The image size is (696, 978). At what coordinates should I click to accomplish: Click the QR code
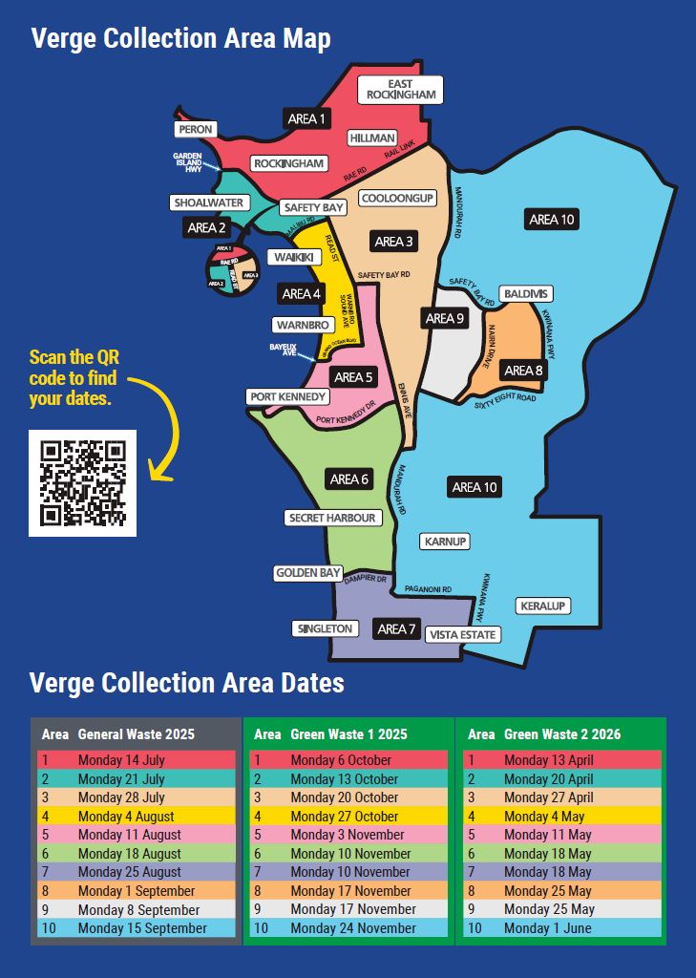click(82, 482)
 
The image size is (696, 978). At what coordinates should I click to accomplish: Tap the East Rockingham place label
click(400, 90)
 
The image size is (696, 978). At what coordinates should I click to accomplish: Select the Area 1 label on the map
click(306, 118)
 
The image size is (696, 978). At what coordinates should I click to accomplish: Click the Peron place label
click(195, 129)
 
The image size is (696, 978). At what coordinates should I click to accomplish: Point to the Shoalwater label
click(209, 202)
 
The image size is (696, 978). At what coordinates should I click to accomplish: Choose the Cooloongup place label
click(397, 198)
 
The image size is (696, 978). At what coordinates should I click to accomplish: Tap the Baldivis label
click(525, 293)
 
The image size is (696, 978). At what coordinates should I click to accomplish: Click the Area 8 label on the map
click(524, 371)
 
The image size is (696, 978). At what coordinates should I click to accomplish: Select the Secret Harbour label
click(333, 518)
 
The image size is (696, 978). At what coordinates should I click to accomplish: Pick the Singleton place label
click(325, 628)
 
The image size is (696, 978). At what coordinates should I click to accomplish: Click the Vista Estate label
click(463, 634)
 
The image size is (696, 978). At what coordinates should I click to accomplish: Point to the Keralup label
click(542, 606)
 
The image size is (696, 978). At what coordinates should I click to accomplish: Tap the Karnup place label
click(445, 542)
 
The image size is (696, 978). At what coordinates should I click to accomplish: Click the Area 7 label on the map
click(397, 628)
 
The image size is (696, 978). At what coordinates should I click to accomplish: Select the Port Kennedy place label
click(288, 396)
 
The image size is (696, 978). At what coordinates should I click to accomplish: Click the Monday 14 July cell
click(121, 760)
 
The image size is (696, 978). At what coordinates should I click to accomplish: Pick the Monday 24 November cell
click(353, 928)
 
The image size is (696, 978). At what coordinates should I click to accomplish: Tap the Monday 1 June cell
click(548, 928)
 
